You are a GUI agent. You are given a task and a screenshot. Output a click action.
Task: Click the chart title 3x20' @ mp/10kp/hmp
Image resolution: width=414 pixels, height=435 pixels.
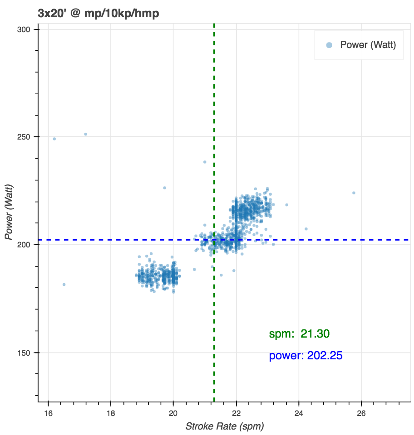tap(99, 14)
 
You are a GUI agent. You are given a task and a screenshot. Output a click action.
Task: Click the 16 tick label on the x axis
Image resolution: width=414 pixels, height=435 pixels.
tap(48, 413)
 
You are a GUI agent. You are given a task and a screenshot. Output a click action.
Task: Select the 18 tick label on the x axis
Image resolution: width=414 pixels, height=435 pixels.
tap(111, 413)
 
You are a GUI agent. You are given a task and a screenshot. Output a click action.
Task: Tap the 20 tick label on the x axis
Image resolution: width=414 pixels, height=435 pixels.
tap(173, 413)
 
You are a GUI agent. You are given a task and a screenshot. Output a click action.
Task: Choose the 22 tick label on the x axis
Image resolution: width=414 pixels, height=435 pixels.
tap(236, 413)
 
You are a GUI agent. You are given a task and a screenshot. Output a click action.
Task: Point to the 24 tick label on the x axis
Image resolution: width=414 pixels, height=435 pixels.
tap(299, 413)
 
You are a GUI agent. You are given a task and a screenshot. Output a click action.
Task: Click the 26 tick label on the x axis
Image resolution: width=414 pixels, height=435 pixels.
tap(361, 413)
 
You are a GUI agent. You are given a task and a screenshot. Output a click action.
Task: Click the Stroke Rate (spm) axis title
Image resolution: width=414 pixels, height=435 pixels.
tap(224, 426)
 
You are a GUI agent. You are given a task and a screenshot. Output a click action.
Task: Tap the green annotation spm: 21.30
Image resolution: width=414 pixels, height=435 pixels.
tap(299, 334)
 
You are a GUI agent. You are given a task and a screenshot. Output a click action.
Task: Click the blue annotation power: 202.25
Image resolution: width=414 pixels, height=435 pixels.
tap(306, 356)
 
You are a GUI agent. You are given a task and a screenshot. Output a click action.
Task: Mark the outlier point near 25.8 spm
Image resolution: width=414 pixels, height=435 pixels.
tap(354, 193)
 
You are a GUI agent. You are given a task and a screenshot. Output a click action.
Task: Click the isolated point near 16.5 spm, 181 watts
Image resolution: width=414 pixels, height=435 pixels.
tap(64, 285)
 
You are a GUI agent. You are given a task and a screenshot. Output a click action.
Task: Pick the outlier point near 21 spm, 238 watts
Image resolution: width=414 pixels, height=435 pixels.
tap(205, 162)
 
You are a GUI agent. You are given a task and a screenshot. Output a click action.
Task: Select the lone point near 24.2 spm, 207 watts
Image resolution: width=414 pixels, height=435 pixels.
tap(306, 229)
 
